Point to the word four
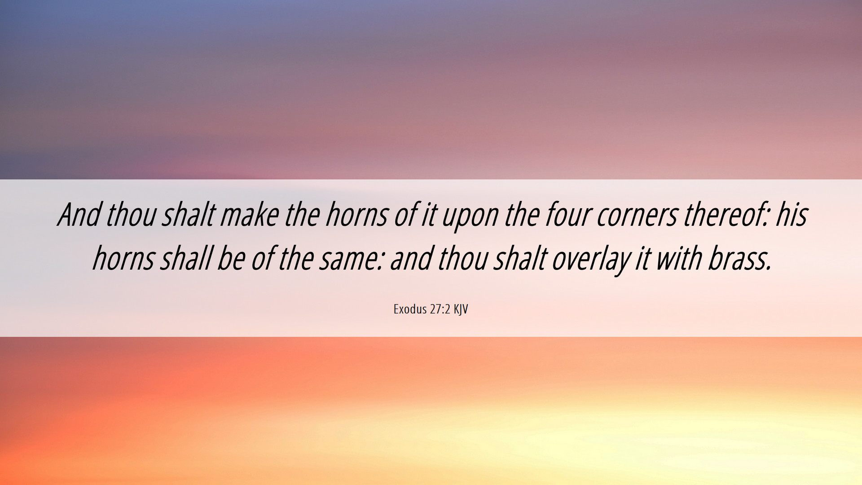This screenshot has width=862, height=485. coord(567,214)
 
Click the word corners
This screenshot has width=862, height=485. coord(636,216)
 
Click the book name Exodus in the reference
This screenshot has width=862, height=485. coord(410,309)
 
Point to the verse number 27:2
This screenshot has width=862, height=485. coord(440,309)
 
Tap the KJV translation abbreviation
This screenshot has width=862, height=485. coord(461,309)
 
